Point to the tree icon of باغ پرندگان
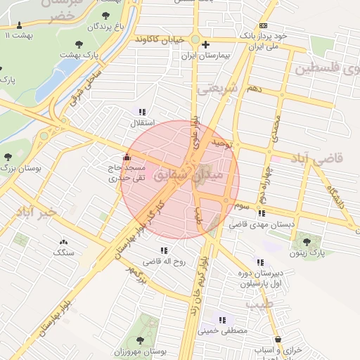coord(105,15)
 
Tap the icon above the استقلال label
coord(143,112)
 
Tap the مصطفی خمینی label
coord(224,330)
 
